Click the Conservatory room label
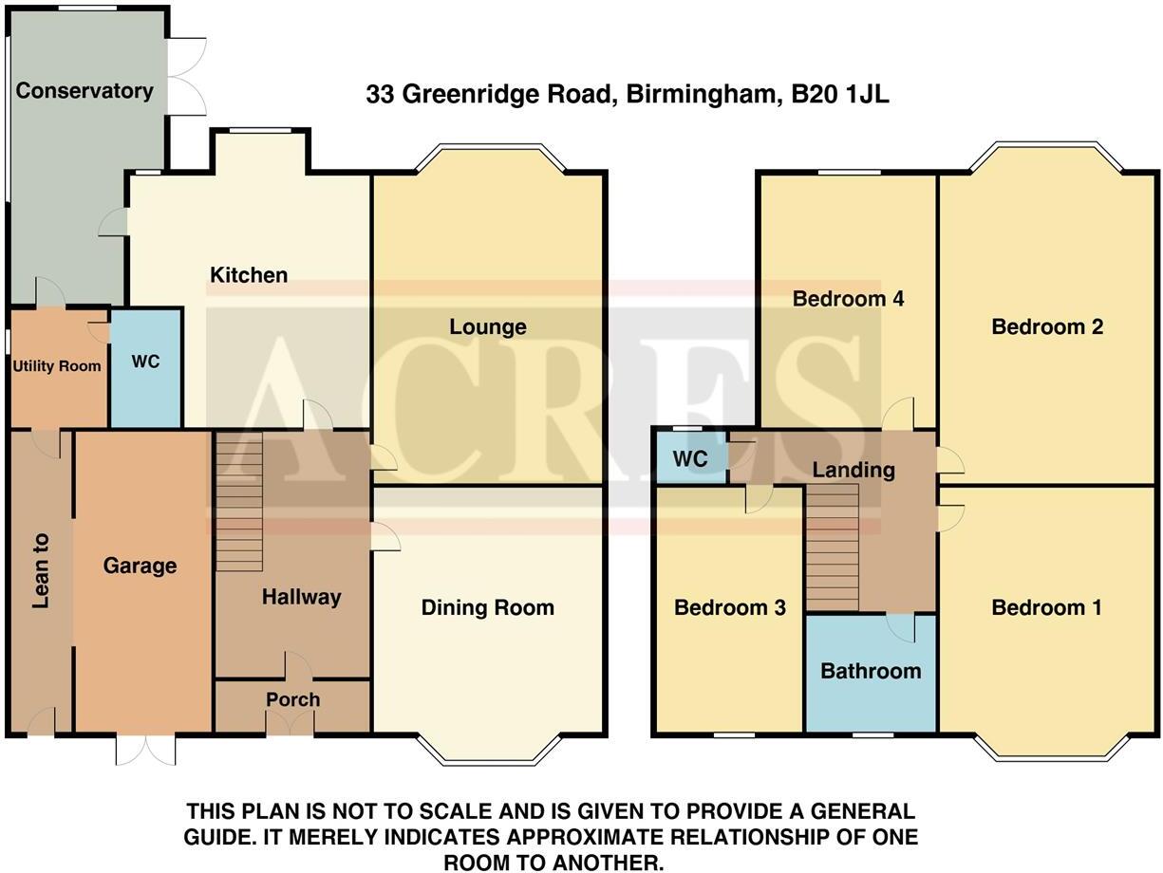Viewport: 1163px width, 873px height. pos(84,91)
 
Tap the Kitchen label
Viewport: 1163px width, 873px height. pos(248,275)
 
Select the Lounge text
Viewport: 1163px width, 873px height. pos(488,327)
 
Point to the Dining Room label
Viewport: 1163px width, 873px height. pos(488,607)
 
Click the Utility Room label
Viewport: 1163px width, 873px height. pos(57,366)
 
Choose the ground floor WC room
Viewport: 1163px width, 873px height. pos(145,362)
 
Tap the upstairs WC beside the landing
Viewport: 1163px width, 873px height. pos(690,459)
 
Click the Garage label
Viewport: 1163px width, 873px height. pos(141,566)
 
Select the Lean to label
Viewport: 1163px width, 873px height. pos(40,570)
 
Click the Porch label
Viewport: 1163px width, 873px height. pos(292,699)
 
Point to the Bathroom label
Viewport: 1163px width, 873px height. pos(871,671)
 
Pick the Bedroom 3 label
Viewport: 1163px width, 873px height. pos(730,607)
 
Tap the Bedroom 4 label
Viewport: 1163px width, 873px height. pos(848,299)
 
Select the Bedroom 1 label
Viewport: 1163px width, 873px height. pos(1047,607)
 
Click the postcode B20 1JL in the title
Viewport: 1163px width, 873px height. pos(840,94)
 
